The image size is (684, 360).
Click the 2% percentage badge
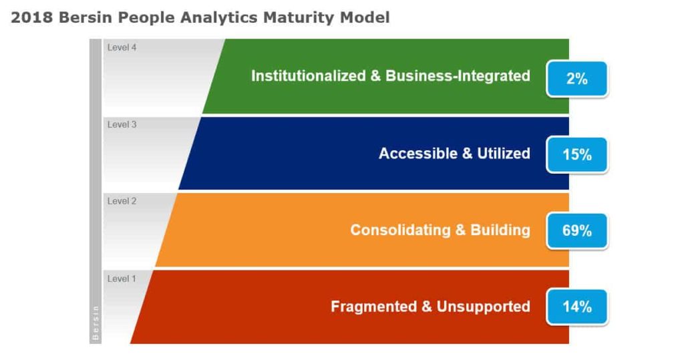pos(577,79)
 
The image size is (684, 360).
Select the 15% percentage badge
pos(577,155)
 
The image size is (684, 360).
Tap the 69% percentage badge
pos(577,231)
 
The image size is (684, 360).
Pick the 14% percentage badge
pos(577,307)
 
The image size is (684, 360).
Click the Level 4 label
pos(122,47)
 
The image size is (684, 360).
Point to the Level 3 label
pos(122,124)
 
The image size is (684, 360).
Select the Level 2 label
pos(122,201)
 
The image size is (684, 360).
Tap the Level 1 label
pos(122,279)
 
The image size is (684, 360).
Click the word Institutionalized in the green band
pos(308,76)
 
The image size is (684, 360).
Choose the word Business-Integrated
pos(458,76)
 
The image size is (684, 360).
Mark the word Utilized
pos(504,154)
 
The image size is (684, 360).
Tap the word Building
pos(500,230)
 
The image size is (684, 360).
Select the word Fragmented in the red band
pos(372,307)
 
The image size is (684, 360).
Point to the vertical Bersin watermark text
pos(96,323)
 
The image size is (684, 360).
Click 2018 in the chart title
pos(32,18)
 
